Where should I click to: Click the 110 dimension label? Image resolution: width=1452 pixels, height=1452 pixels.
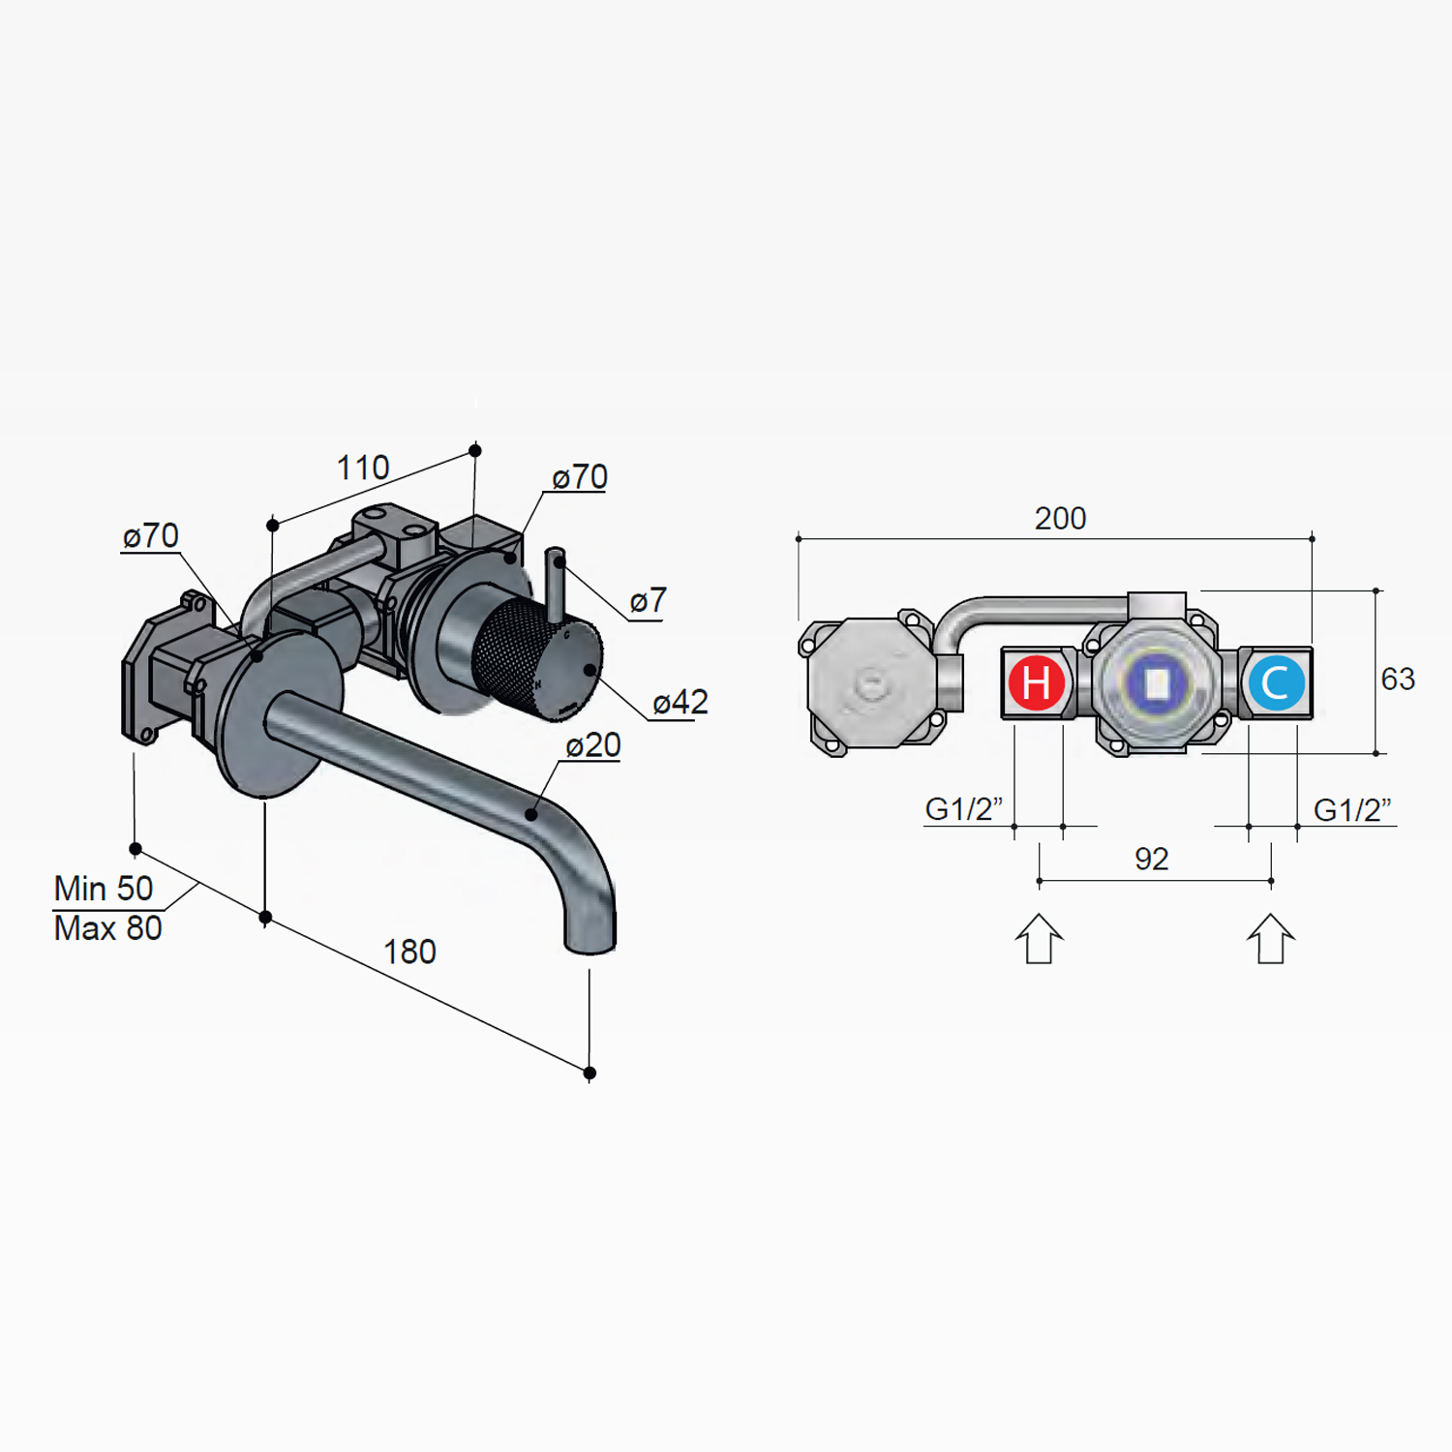[363, 469]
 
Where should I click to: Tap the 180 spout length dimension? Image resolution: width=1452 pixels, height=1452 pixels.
[409, 952]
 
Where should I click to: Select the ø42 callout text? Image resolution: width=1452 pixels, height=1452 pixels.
[680, 702]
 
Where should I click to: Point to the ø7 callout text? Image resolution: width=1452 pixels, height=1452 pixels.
[648, 601]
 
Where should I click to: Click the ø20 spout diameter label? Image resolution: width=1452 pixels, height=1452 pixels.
[592, 745]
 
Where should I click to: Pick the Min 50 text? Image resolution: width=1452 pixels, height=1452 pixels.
[104, 888]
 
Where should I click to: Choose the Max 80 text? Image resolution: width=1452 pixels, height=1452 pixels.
[107, 928]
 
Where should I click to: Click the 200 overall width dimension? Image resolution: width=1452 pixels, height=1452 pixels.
[1060, 519]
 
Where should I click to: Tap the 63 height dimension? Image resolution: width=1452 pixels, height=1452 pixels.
[1398, 679]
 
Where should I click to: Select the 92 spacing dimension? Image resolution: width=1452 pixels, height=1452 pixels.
[1151, 859]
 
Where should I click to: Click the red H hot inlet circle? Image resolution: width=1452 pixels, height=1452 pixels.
[1036, 682]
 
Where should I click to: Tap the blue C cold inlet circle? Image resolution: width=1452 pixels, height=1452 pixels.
[1276, 682]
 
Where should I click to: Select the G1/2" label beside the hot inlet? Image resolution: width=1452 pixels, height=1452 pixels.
[963, 809]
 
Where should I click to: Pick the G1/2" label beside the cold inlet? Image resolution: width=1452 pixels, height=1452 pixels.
[1352, 809]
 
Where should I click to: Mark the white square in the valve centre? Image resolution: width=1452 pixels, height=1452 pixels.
[1157, 683]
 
